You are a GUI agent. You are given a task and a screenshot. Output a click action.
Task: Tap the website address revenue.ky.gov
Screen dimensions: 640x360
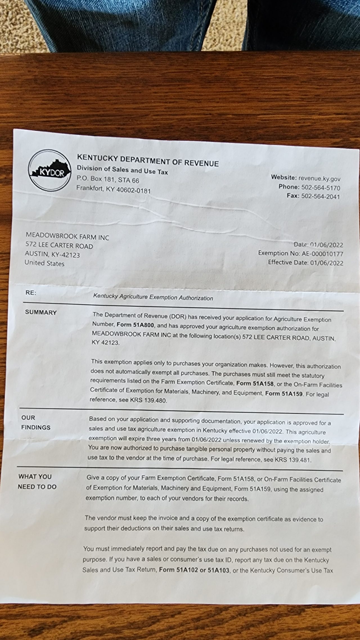(x=319, y=178)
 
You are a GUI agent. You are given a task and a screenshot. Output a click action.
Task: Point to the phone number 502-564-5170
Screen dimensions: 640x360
(x=321, y=187)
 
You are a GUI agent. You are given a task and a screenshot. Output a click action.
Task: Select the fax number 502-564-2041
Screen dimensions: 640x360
(x=320, y=196)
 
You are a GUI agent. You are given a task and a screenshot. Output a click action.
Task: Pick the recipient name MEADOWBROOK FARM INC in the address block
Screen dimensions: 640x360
(x=67, y=236)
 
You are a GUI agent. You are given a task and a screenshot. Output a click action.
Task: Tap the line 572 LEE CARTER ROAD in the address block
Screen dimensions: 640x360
(x=59, y=245)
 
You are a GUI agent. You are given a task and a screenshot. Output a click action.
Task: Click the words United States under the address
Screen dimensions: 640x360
(x=44, y=263)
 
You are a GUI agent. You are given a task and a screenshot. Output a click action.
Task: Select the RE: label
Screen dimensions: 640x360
(x=31, y=292)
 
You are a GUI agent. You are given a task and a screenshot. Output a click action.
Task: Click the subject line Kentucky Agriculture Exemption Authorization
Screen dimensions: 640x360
(x=153, y=297)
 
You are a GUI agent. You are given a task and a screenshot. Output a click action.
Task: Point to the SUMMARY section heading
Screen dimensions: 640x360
(x=41, y=312)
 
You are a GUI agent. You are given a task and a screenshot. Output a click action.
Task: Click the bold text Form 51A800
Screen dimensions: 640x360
(x=135, y=325)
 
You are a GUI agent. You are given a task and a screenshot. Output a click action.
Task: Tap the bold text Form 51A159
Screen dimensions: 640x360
(x=284, y=393)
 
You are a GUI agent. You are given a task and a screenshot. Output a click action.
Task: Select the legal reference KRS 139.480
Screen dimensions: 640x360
(x=148, y=400)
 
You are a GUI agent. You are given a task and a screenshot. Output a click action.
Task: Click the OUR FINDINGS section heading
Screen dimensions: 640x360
(x=36, y=422)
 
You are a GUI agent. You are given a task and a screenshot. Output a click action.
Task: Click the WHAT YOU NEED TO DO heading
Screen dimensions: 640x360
(x=37, y=482)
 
